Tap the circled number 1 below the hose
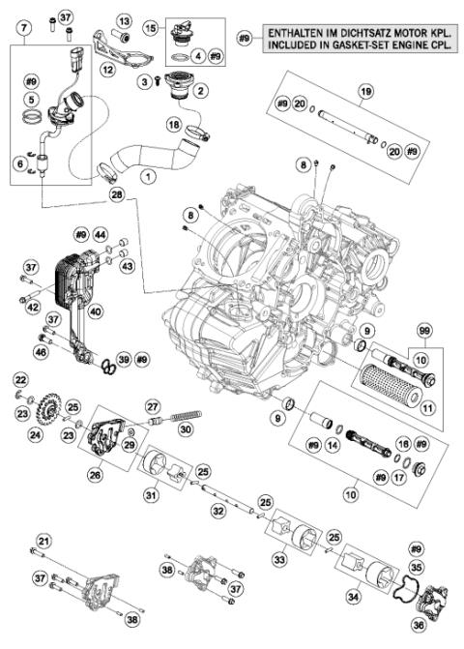click(147, 177)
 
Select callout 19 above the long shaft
click(364, 92)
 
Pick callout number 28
click(117, 195)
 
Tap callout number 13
click(125, 20)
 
